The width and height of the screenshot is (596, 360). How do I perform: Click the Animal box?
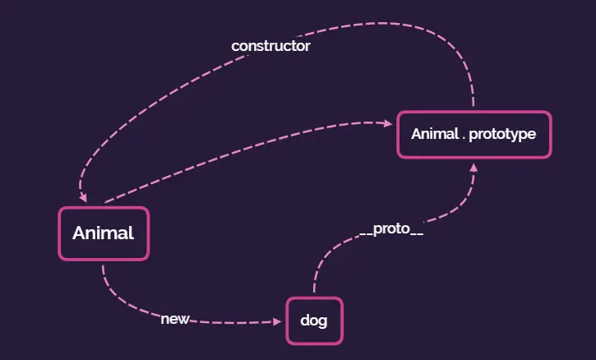pos(104,233)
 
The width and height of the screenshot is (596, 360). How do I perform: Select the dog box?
pos(314,321)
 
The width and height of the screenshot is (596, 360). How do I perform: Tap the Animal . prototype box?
pos(474,133)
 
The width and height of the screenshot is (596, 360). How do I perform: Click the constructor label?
pos(270,46)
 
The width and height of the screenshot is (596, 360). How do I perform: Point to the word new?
pos(175,319)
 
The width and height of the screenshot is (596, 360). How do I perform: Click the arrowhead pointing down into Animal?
pos(83,198)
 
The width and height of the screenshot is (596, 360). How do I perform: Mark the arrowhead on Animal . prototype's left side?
pos(389,124)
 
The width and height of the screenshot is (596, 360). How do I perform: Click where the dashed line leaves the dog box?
pos(314,294)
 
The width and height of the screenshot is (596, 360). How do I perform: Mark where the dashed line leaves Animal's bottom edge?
pos(104,263)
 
